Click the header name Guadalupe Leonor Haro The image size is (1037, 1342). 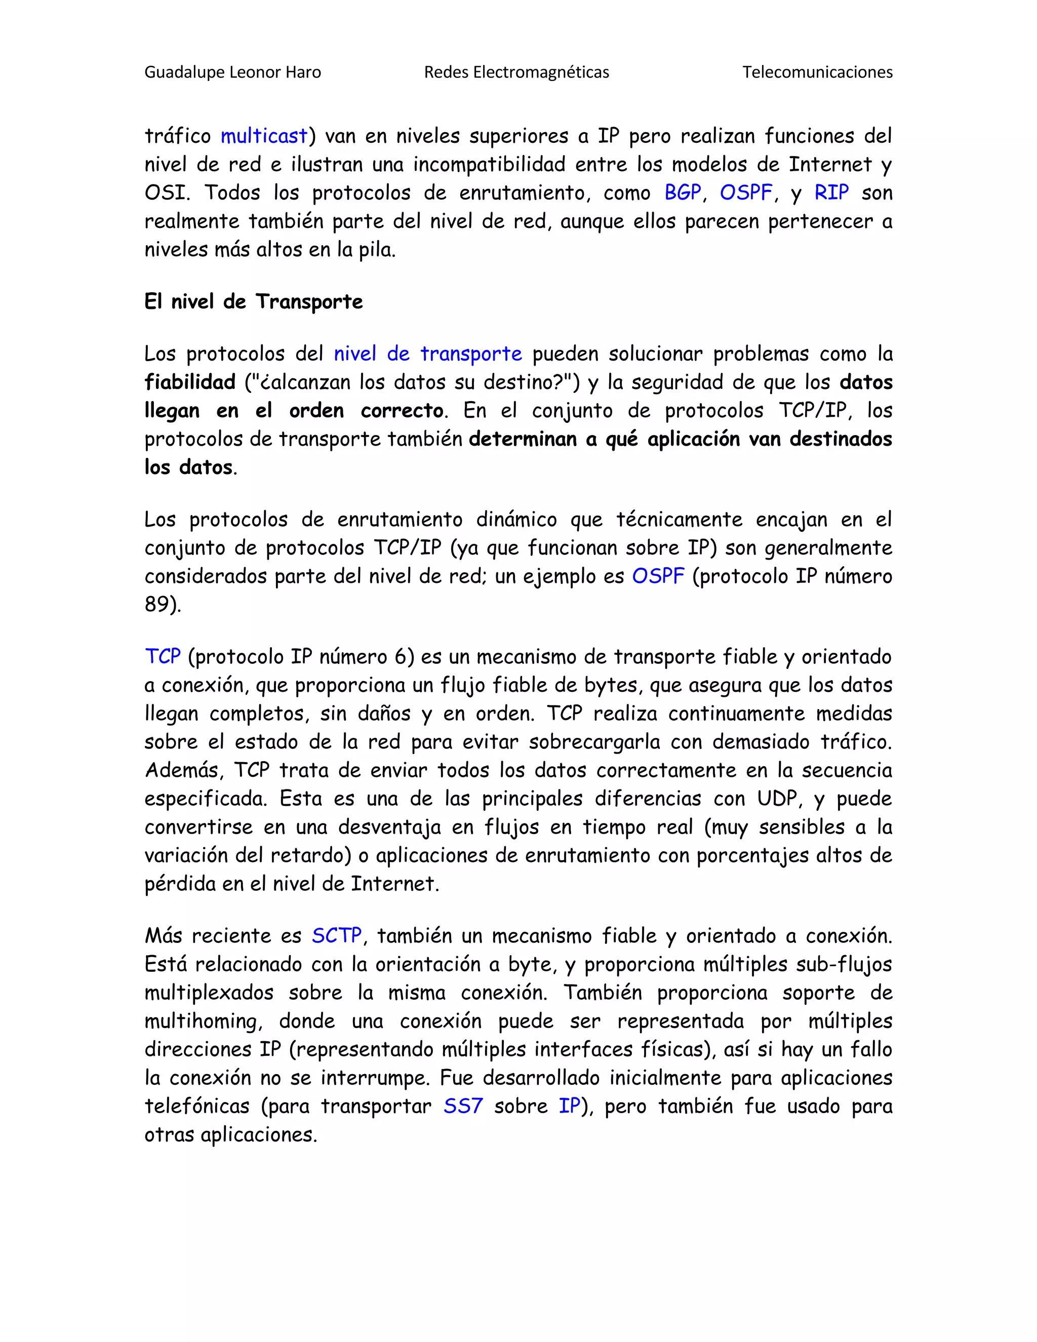click(x=232, y=72)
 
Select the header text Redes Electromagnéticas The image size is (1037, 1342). click(x=516, y=72)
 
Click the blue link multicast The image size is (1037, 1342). click(x=263, y=136)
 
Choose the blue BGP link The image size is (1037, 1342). click(x=682, y=193)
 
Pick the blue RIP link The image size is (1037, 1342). click(x=831, y=193)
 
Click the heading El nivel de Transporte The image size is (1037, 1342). click(x=253, y=302)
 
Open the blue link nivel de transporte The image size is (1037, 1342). click(x=427, y=354)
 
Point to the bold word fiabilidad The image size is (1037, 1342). click(x=190, y=382)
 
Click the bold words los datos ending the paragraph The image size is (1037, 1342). click(x=188, y=467)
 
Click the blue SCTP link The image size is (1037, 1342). click(x=337, y=936)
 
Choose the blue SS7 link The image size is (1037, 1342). click(x=463, y=1106)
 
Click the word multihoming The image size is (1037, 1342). click(x=203, y=1021)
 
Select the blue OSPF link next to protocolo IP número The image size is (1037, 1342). click(x=657, y=576)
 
